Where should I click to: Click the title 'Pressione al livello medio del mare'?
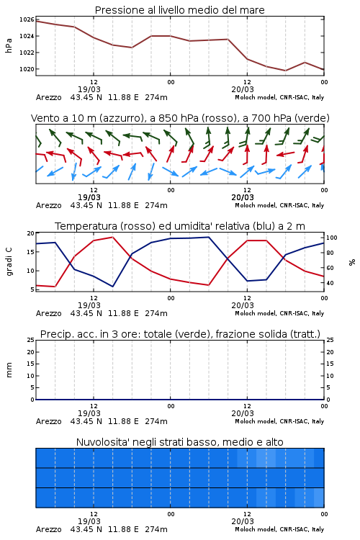click(179, 10)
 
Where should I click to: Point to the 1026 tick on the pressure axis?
click(27, 19)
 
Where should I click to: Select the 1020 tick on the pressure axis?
click(27, 69)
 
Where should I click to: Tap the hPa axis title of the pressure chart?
click(9, 45)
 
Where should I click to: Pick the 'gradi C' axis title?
click(9, 261)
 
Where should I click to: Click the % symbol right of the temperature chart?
click(352, 262)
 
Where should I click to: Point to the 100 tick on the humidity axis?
click(331, 238)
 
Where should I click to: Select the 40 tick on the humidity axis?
click(330, 283)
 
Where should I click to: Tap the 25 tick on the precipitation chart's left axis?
click(31, 340)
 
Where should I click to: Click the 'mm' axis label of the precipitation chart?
click(9, 370)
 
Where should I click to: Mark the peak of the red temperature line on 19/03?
click(112, 237)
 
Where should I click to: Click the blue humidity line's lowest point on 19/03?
click(112, 286)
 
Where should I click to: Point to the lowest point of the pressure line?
click(285, 71)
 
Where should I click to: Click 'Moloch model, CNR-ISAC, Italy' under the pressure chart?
click(279, 97)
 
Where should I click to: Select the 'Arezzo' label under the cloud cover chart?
click(48, 529)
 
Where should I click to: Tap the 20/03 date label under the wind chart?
click(243, 197)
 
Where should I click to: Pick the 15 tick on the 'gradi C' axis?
click(31, 252)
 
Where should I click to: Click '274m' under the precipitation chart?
click(156, 421)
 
